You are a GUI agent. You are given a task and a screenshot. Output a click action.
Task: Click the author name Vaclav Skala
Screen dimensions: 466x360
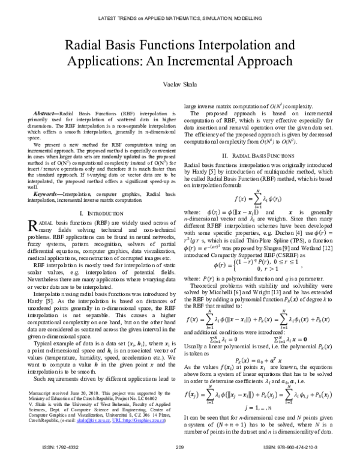pos(179,85)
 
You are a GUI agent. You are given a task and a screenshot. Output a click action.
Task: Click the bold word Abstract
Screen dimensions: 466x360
pos(45,113)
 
